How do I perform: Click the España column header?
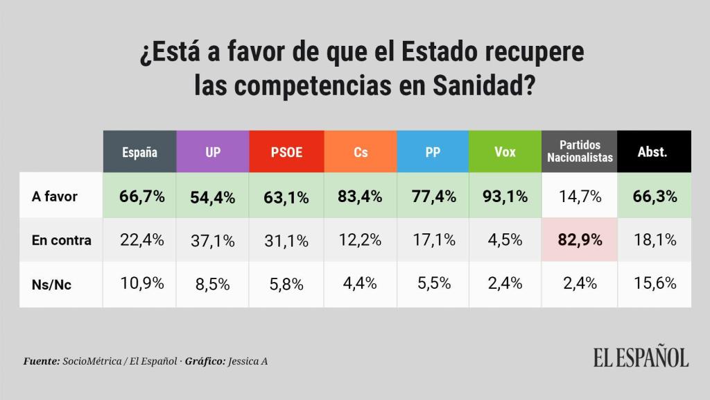tap(139, 152)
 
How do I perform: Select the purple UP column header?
tap(213, 152)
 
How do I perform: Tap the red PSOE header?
tap(286, 152)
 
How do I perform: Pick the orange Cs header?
tap(361, 152)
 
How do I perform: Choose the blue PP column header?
tap(433, 152)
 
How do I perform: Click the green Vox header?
tap(505, 152)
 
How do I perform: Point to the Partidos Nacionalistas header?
tap(580, 152)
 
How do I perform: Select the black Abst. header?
tap(652, 152)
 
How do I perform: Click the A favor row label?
tap(55, 197)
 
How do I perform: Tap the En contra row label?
tap(62, 240)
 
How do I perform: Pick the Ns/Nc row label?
tap(53, 283)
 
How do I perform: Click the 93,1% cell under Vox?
tap(505, 197)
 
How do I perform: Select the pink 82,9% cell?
tap(580, 240)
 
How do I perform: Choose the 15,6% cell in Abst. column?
tap(654, 283)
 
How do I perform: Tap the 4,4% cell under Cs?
tap(361, 283)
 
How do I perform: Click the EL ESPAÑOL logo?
tap(640, 357)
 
